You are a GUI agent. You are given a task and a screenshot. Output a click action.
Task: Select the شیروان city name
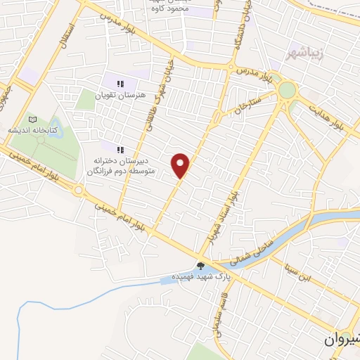343,339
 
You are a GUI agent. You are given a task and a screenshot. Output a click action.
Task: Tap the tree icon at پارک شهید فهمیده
202,265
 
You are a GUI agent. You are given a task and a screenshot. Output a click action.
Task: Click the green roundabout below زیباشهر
287,89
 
